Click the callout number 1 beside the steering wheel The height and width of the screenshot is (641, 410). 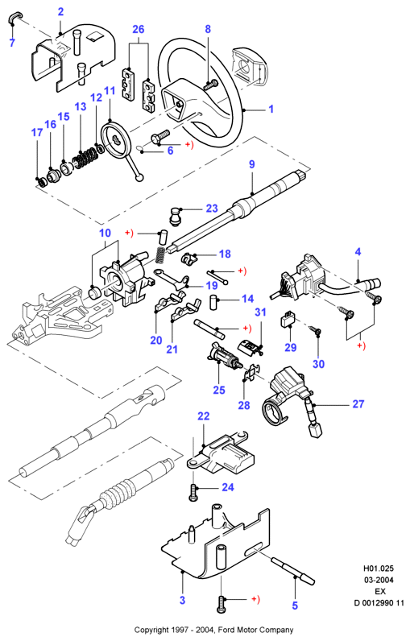click(271, 110)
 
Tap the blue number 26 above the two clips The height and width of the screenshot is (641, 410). click(139, 30)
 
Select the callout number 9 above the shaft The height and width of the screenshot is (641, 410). click(252, 164)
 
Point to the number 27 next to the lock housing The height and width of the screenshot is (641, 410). click(358, 404)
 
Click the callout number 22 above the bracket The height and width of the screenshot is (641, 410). click(204, 416)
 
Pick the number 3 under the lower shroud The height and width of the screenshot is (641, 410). click(182, 600)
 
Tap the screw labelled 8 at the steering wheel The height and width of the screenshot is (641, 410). click(211, 85)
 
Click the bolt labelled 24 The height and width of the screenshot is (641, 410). click(193, 491)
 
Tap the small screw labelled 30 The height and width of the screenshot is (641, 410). click(315, 330)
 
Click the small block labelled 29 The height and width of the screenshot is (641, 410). click(288, 319)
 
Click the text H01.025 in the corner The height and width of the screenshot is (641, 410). click(379, 569)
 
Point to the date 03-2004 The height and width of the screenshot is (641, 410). click(379, 580)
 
